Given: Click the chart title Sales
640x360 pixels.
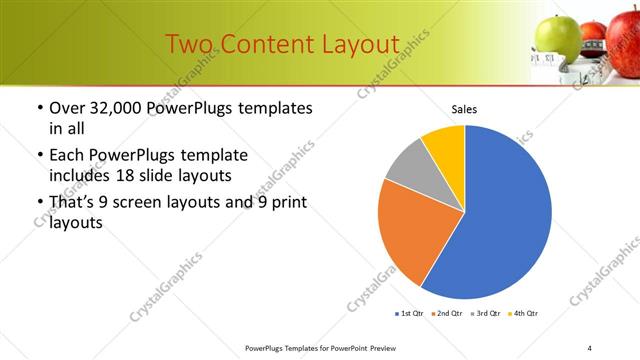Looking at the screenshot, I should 464,109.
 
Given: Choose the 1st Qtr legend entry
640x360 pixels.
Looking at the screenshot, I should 411,314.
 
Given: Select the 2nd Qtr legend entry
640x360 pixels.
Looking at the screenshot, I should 446,314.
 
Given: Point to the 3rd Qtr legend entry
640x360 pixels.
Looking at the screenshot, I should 484,314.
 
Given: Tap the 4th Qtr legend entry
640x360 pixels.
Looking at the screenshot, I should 523,314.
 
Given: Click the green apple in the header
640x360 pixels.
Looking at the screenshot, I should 557,37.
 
